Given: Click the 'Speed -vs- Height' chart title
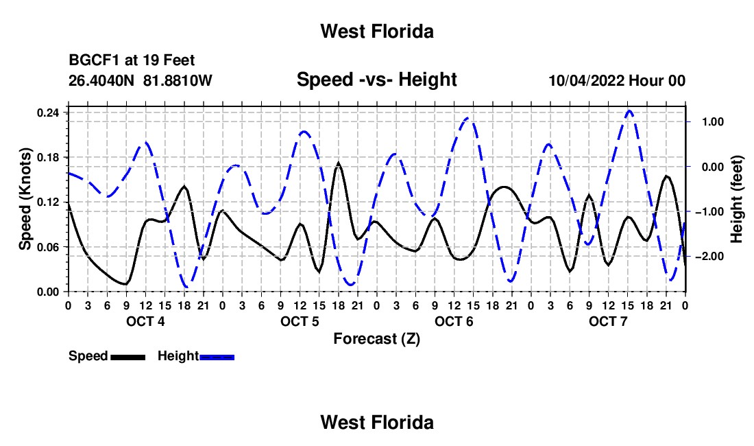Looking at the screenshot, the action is tap(376, 80).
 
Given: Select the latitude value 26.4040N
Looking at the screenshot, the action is tap(101, 80).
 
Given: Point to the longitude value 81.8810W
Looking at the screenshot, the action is tap(178, 80).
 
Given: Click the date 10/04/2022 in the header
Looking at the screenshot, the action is tap(586, 80).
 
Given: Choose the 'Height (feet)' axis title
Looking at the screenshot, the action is tap(736, 199).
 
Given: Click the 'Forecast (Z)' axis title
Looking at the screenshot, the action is tap(376, 339).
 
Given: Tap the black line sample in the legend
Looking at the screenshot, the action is tap(128, 357).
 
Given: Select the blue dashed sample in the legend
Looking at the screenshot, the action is tap(217, 357).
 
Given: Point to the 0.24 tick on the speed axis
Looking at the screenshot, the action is tap(48, 113).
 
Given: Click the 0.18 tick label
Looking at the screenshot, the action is tap(48, 157).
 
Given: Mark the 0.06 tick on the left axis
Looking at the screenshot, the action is tap(48, 247).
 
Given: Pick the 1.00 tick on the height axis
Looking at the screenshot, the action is tap(713, 121).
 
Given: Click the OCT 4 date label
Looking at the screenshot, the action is tap(145, 321).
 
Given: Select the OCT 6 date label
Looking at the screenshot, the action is tap(454, 321).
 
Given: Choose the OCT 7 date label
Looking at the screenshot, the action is tap(608, 321).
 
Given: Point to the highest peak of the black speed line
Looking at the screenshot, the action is tap(339, 163).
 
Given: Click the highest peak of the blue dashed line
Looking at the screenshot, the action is tap(629, 111).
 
